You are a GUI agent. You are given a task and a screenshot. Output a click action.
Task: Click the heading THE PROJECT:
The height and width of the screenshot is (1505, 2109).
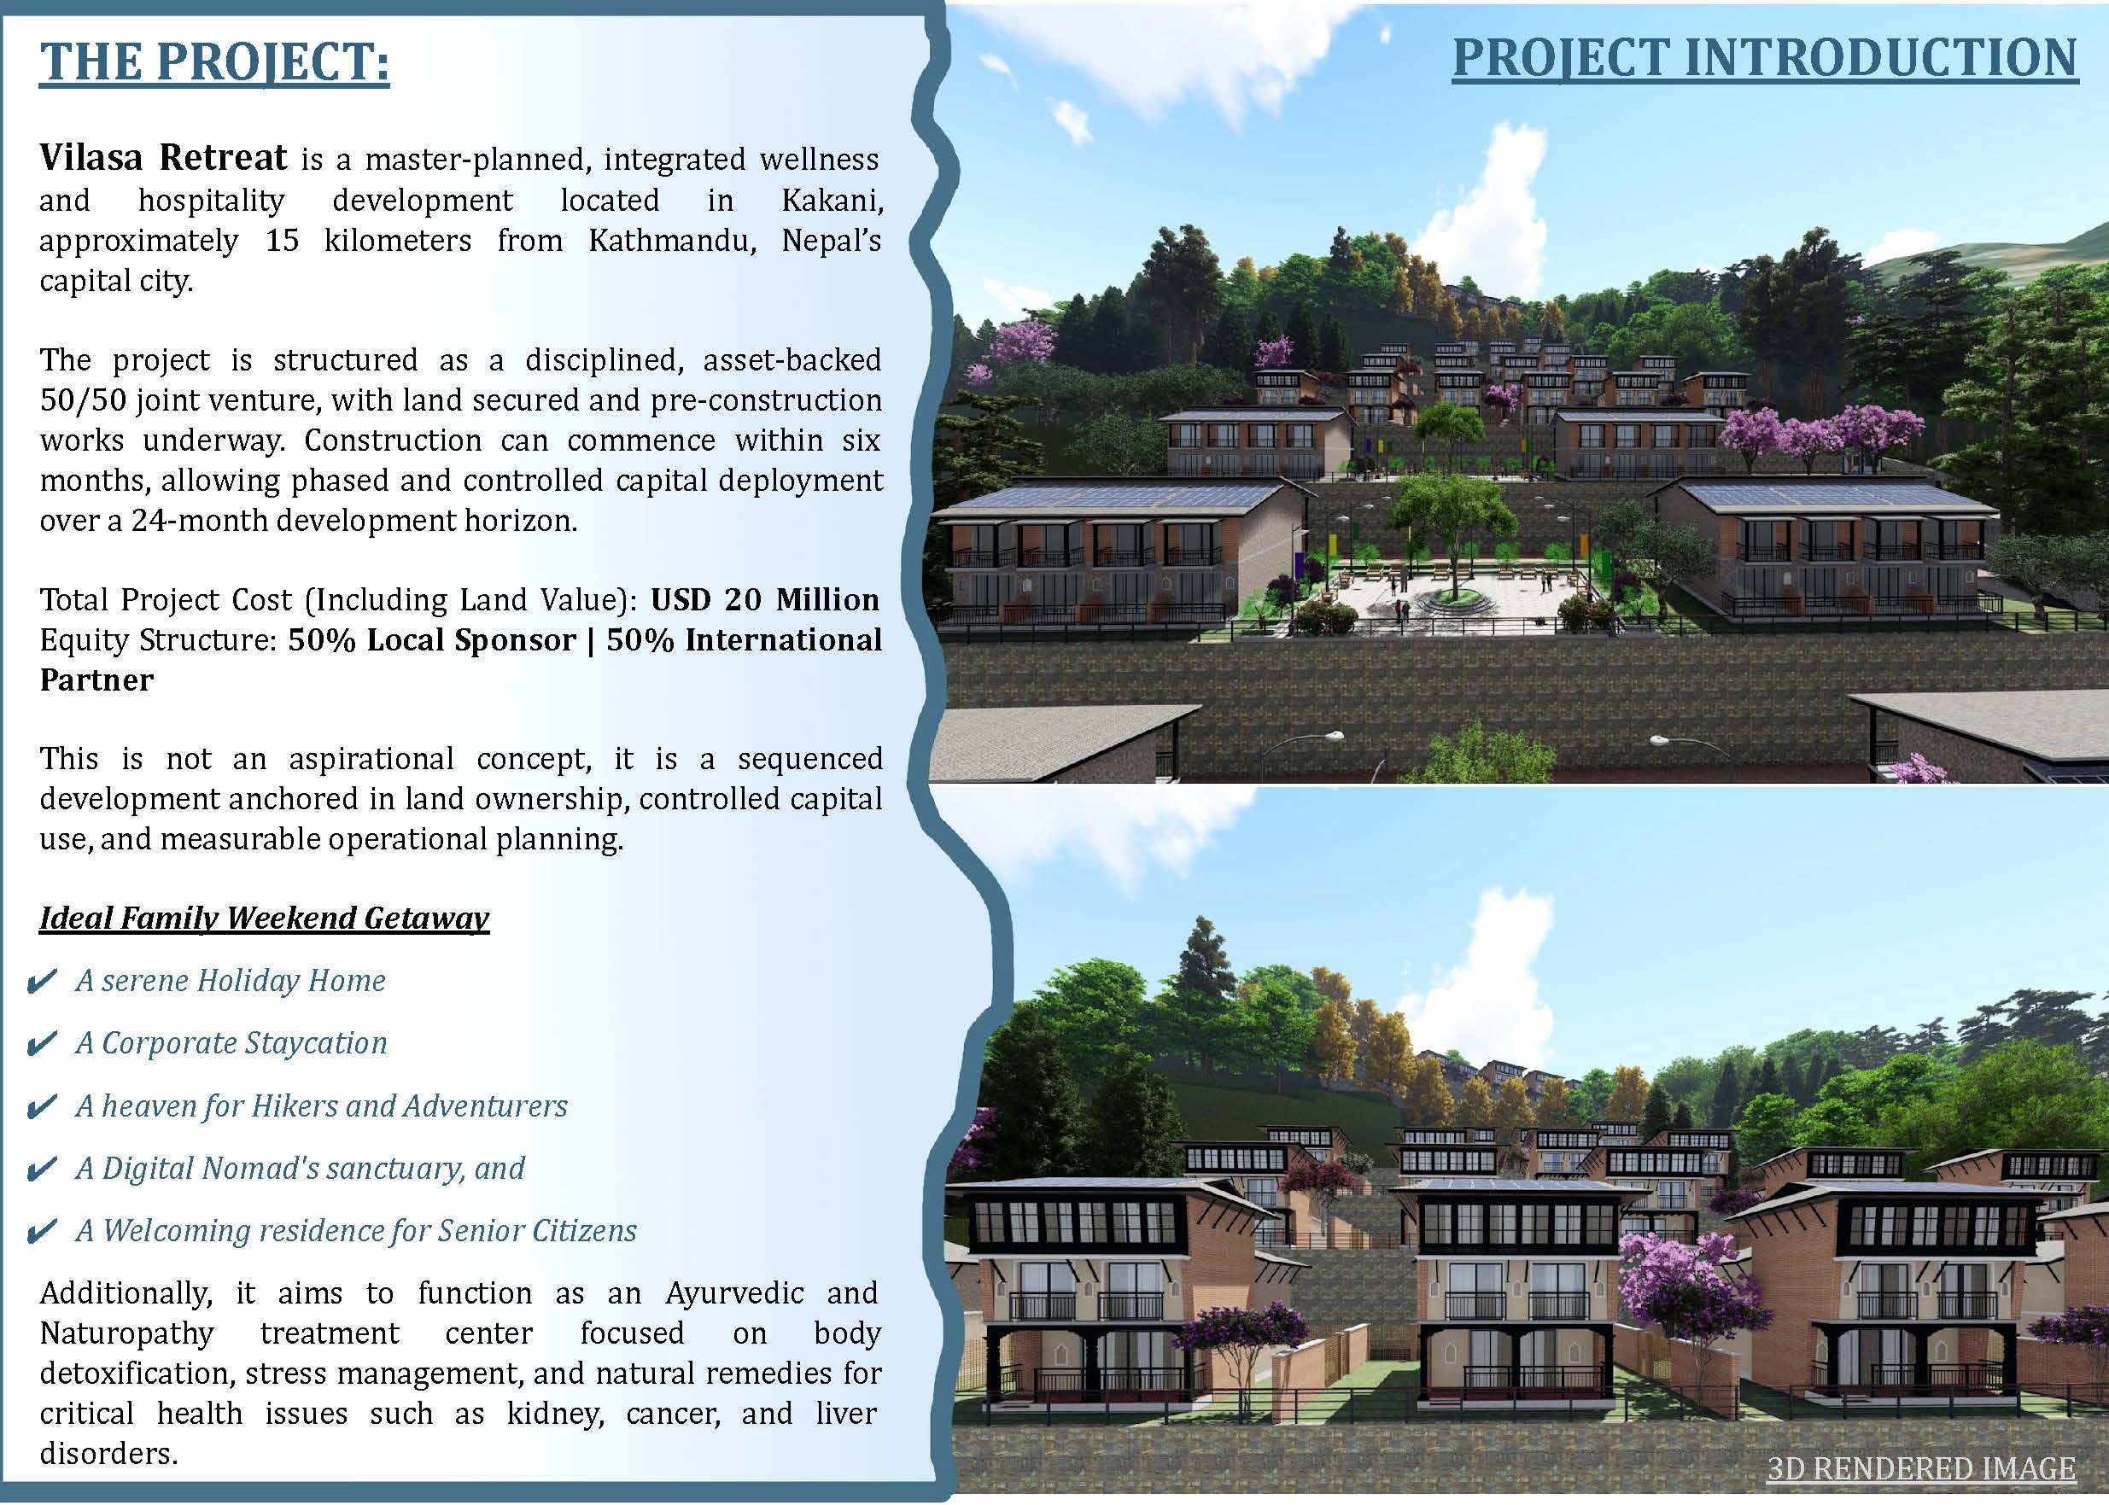[x=214, y=62]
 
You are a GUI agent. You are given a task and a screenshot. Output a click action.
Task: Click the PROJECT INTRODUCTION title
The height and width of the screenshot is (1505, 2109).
[x=1765, y=58]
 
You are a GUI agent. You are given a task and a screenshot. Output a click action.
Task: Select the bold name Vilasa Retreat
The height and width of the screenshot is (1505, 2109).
[x=163, y=158]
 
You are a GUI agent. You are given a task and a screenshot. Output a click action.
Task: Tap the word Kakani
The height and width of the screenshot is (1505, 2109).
[x=832, y=200]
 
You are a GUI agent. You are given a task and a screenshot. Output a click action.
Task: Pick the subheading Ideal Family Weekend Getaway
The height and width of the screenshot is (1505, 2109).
[x=264, y=918]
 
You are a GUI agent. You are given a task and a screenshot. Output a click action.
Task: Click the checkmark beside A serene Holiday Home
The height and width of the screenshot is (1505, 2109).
[x=43, y=982]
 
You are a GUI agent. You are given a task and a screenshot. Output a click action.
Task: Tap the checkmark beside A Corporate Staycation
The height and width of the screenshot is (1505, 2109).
[x=43, y=1044]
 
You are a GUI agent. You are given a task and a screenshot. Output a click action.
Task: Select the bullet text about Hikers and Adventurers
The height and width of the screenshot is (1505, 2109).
[x=322, y=1105]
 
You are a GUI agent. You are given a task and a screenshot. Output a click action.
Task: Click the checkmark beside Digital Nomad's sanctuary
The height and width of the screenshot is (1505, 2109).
[x=43, y=1170]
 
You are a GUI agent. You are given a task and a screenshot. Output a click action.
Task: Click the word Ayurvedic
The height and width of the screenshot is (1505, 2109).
[x=734, y=1292]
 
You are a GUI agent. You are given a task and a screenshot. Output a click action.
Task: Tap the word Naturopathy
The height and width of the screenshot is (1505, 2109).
[x=127, y=1333]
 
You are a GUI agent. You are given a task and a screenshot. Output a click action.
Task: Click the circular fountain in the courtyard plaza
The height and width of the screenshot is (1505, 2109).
[x=1452, y=604]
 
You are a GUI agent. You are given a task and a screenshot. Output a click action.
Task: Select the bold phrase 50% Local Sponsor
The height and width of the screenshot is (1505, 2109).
[x=432, y=640]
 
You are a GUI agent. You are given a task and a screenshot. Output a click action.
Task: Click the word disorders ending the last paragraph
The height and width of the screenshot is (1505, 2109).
[x=108, y=1454]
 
